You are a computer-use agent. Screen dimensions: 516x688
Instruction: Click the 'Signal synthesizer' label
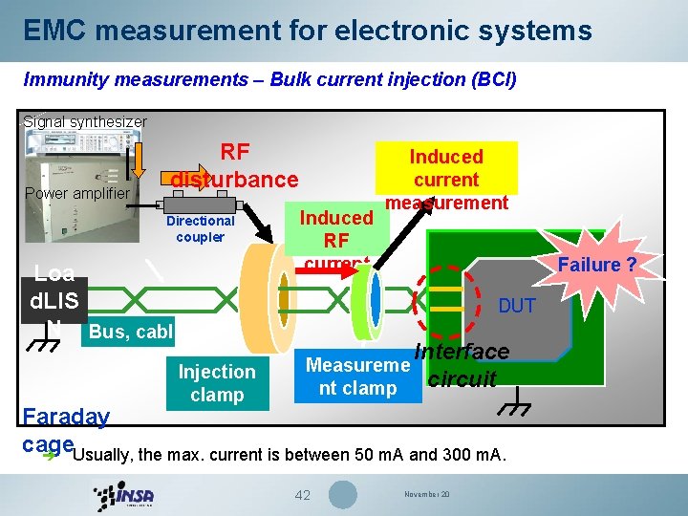[85, 122]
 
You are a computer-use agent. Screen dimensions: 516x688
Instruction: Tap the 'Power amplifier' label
[76, 195]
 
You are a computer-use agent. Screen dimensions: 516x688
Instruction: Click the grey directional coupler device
[201, 204]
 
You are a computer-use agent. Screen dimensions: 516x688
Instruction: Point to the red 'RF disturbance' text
[235, 166]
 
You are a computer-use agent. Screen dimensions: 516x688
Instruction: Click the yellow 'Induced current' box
[446, 168]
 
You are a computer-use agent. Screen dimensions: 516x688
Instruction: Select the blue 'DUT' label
[517, 306]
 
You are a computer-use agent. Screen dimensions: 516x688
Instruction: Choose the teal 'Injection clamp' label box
[217, 383]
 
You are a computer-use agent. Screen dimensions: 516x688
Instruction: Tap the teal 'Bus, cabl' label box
[130, 333]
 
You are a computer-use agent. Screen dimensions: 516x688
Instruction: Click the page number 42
[302, 495]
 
